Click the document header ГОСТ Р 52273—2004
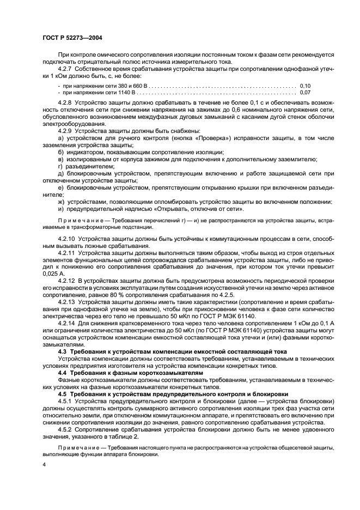[72, 38]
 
